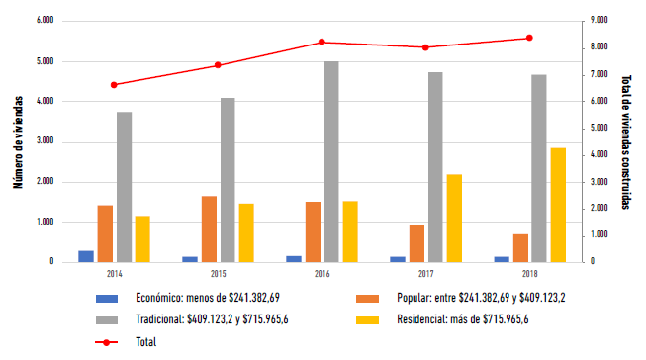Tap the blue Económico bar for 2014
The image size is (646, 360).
coord(86,256)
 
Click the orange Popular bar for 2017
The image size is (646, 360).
coord(416,243)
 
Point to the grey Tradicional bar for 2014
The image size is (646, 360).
coord(124,187)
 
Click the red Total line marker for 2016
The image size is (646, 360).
coord(322,42)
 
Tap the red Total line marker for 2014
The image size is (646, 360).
coord(114,85)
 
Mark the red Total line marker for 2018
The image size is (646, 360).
coord(529,38)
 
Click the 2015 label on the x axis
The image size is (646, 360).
coord(218,273)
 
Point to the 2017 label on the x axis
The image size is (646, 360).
coord(425,273)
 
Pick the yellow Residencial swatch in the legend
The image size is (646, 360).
coord(367,319)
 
